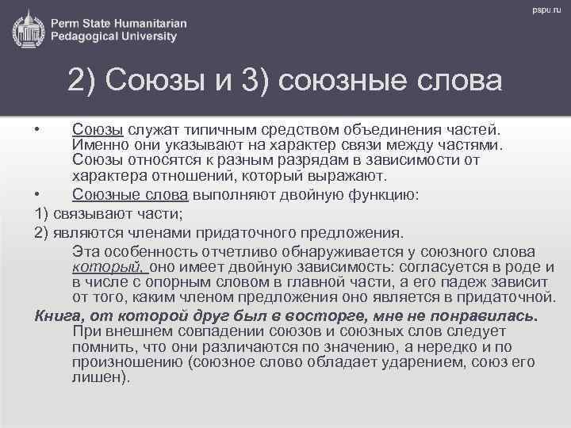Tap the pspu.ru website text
[x=545, y=10]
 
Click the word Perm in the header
[x=69, y=21]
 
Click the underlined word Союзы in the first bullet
[x=97, y=129]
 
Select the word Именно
[x=97, y=146]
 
